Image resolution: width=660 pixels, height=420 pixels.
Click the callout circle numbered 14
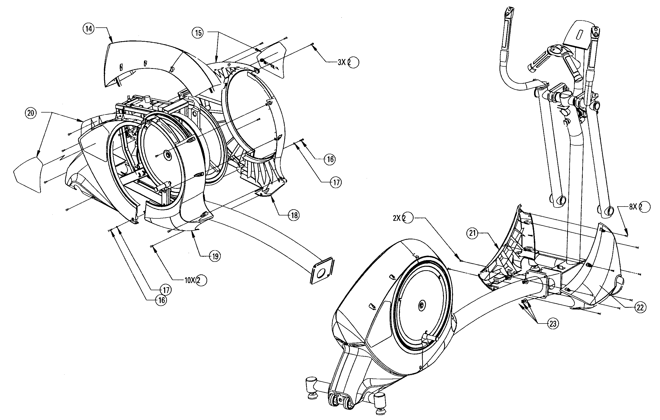[89, 29]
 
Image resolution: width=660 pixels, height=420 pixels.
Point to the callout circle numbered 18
[294, 215]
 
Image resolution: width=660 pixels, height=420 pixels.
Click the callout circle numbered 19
[215, 256]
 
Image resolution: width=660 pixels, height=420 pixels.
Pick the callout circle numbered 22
[640, 307]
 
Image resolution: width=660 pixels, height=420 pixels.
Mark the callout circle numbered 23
[553, 324]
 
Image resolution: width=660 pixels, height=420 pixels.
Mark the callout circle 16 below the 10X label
[161, 300]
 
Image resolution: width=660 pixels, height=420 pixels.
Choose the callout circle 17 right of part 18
[336, 182]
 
